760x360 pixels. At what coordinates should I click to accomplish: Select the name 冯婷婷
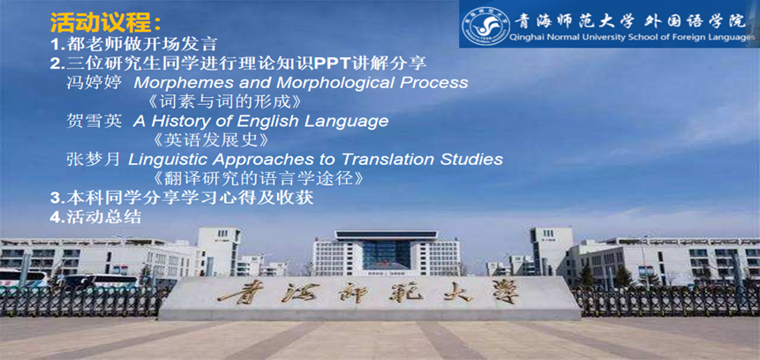pyautogui.click(x=94, y=82)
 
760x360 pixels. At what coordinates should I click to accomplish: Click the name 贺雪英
pyautogui.click(x=94, y=121)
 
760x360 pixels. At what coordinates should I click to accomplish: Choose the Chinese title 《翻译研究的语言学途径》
pyautogui.click(x=258, y=178)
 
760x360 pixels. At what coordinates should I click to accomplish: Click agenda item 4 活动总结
pyautogui.click(x=95, y=216)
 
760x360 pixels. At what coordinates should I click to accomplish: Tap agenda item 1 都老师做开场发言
pyautogui.click(x=133, y=45)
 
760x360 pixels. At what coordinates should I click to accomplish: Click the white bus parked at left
pyautogui.click(x=23, y=278)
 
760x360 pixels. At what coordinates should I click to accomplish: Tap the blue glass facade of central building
pyautogui.click(x=386, y=255)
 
